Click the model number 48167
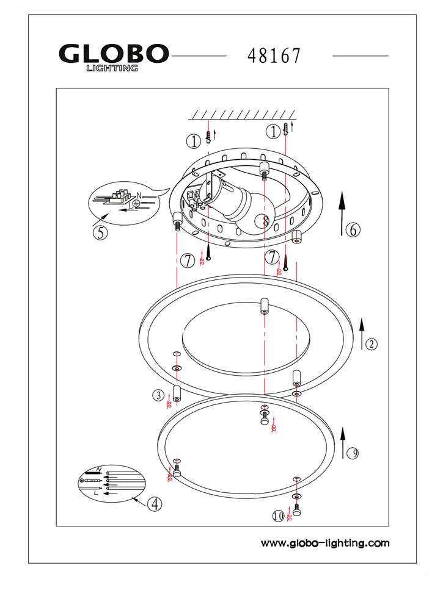tap(274, 56)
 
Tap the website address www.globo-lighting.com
tap(324, 543)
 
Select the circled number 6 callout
tap(353, 230)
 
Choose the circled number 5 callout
tap(100, 232)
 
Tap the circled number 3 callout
tap(158, 395)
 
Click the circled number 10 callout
tap(279, 516)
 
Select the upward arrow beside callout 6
tap(342, 212)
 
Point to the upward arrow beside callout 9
tap(342, 441)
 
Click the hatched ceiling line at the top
tap(243, 114)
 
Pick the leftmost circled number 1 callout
tap(194, 142)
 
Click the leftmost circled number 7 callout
tap(188, 260)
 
